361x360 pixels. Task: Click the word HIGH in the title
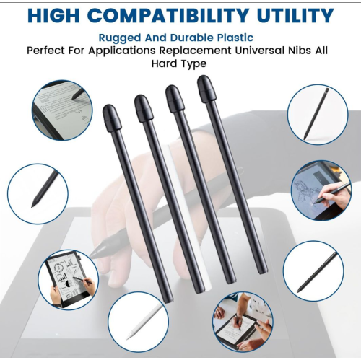[x=53, y=16]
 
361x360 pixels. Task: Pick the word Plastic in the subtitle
[x=235, y=38]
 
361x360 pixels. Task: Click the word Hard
[x=163, y=63]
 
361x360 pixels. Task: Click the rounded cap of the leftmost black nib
[x=112, y=118]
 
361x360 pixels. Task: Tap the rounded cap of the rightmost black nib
[x=206, y=89]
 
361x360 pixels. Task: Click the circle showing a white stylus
[x=138, y=322]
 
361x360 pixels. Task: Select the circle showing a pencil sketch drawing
[x=321, y=190]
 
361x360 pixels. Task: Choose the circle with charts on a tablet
[x=69, y=280]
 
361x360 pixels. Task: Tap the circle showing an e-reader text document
[x=62, y=110]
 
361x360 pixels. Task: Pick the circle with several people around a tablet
[x=243, y=322]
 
